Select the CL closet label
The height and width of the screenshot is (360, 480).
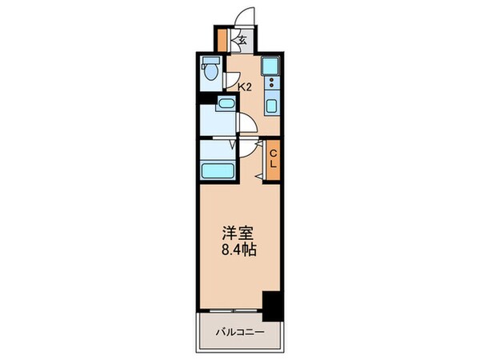[273, 158]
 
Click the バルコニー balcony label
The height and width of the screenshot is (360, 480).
[238, 331]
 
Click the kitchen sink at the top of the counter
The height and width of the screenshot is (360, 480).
[270, 66]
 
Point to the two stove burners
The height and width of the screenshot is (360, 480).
[270, 84]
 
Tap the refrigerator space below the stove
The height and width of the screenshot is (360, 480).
[270, 104]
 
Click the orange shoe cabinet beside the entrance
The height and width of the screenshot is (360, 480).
[222, 39]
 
